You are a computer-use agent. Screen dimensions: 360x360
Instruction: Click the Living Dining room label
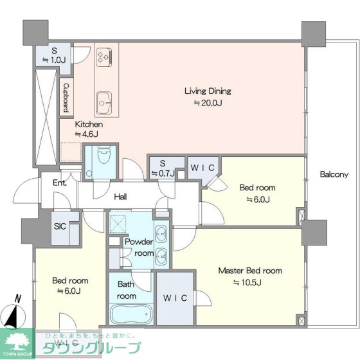click(x=208, y=91)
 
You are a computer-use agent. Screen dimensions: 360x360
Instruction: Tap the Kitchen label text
click(x=89, y=125)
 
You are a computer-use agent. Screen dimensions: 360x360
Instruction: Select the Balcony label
click(x=334, y=174)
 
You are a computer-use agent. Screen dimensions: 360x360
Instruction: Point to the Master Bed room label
click(x=250, y=271)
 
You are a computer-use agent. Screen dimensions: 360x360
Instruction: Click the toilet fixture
click(x=104, y=154)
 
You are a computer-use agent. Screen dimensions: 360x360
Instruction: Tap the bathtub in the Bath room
click(x=131, y=314)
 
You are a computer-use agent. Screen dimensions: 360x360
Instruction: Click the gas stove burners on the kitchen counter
click(x=104, y=57)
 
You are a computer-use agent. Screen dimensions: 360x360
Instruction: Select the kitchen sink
click(x=104, y=103)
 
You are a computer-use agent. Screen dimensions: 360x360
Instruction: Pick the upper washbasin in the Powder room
click(x=161, y=233)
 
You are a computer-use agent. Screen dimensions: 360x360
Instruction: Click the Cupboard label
click(x=66, y=98)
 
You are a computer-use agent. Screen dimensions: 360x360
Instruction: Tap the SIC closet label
click(x=60, y=226)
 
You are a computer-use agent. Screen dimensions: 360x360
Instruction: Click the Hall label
click(x=120, y=197)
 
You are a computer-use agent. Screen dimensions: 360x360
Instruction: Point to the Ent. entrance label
click(x=60, y=183)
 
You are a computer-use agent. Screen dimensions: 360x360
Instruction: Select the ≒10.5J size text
click(x=248, y=282)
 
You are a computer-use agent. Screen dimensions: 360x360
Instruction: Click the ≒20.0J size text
click(x=208, y=103)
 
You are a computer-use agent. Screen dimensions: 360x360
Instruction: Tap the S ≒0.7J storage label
click(x=163, y=168)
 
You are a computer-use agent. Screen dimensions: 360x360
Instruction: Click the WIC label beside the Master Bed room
click(x=175, y=298)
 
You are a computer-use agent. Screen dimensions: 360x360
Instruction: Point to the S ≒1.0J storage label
click(x=54, y=55)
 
